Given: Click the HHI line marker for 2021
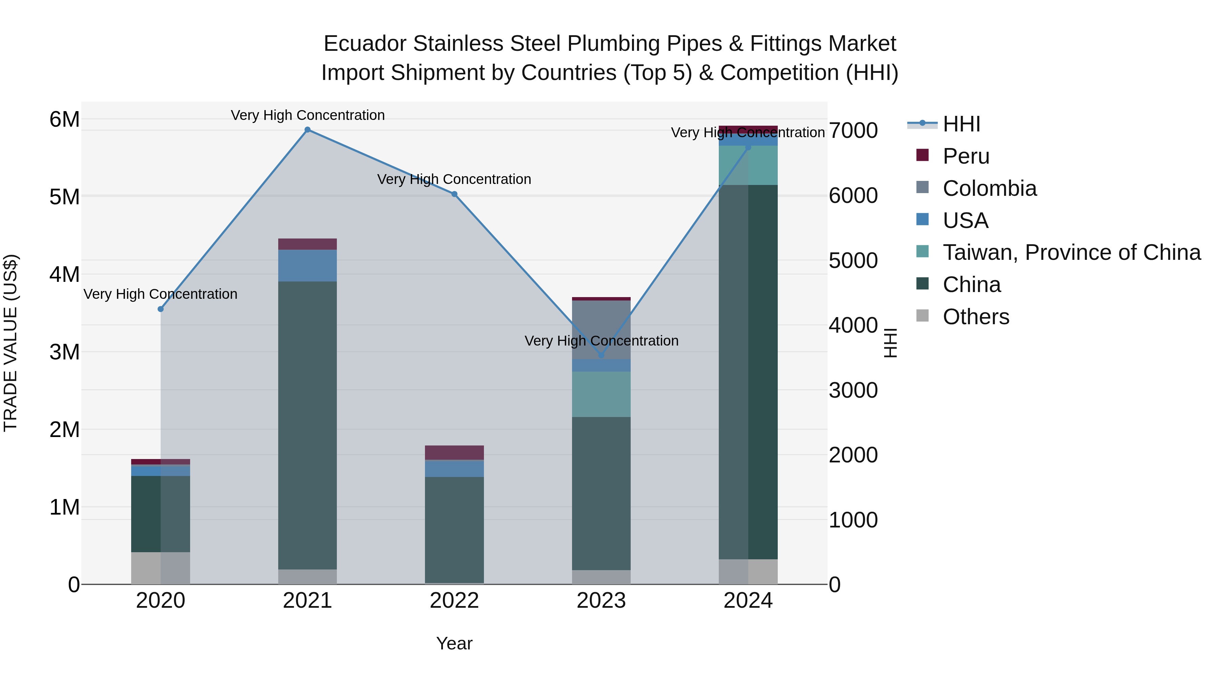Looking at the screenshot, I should [x=307, y=130].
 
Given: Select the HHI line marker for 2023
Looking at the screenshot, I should [x=602, y=355].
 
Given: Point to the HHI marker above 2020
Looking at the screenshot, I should [x=161, y=309].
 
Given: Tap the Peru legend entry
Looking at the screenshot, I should [x=966, y=156].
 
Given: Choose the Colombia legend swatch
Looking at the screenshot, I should [x=922, y=187].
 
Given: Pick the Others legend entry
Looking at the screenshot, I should [x=976, y=317].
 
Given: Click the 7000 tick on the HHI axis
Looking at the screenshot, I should [x=853, y=131].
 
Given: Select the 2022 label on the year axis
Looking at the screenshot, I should [x=454, y=601].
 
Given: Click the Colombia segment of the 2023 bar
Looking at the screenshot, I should [x=602, y=329].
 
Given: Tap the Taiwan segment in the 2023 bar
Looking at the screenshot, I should [x=602, y=394].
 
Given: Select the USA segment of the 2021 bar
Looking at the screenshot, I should [x=307, y=266].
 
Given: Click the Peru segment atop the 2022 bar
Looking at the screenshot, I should [x=454, y=453].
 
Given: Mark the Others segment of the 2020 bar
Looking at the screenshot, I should [x=161, y=568].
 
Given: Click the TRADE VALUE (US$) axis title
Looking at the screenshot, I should [x=11, y=343].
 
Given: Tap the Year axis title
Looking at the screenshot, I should [x=454, y=643].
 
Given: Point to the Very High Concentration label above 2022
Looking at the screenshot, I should [x=454, y=180].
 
